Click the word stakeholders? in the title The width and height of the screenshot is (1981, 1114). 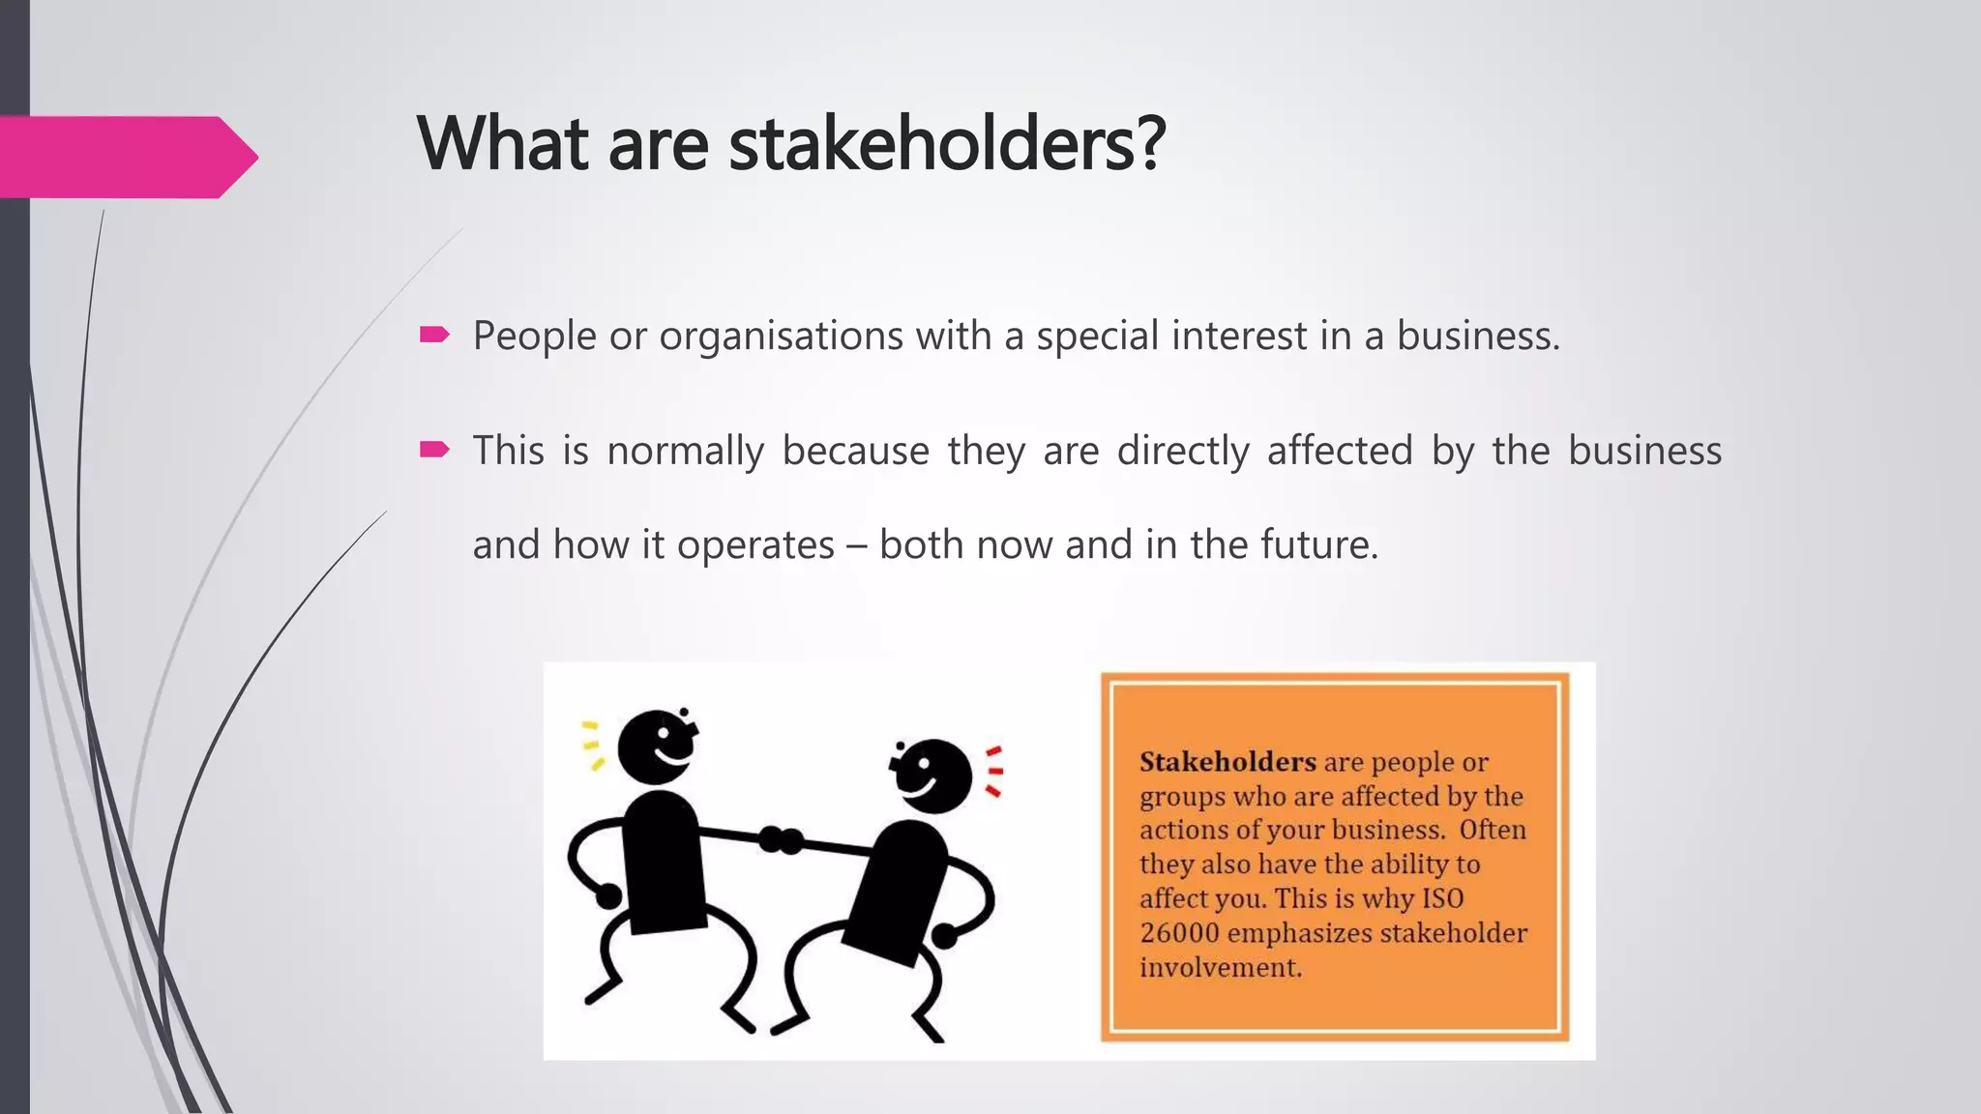pos(947,145)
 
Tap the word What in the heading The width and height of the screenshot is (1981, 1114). pos(502,145)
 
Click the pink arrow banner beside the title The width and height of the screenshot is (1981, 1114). pos(126,157)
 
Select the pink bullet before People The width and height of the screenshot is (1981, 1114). pos(434,336)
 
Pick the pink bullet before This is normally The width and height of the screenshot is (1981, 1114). pos(434,450)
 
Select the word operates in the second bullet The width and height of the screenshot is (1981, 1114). pos(754,546)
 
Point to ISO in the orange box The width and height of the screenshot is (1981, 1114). pos(1442,898)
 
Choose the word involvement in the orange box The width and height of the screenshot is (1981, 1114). pos(1221,967)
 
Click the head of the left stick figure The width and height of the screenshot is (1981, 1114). pos(656,748)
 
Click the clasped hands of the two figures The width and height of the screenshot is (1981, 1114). pos(781,839)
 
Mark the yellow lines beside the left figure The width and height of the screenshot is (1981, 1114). pos(591,746)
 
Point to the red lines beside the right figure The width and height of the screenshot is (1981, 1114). pos(993,772)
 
